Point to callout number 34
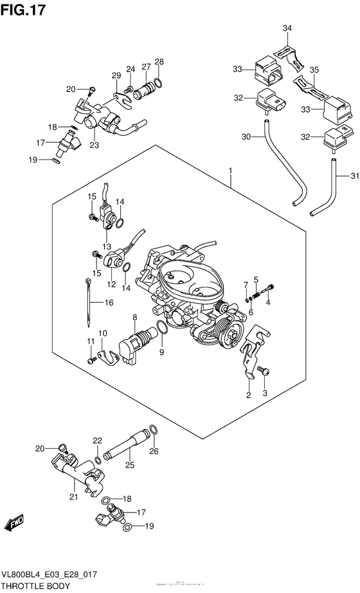click(287, 28)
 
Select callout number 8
click(134, 317)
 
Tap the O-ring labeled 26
click(153, 430)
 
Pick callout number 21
click(73, 496)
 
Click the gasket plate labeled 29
click(118, 98)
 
